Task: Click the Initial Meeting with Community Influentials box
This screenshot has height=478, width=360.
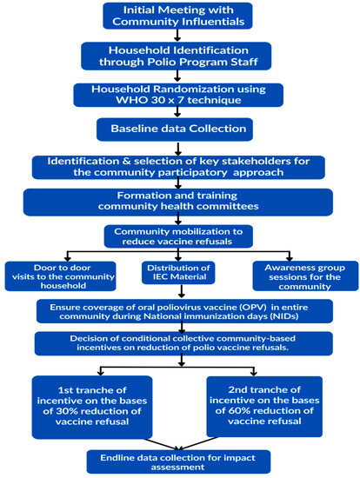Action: pos(177,16)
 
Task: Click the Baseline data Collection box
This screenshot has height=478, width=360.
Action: pos(177,129)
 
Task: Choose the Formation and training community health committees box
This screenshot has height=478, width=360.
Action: pos(177,202)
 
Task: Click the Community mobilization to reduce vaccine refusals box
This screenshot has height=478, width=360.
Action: pos(177,236)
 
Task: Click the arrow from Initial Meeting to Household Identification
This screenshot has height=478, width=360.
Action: pos(177,37)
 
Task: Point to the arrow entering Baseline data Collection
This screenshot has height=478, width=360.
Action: pos(177,114)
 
